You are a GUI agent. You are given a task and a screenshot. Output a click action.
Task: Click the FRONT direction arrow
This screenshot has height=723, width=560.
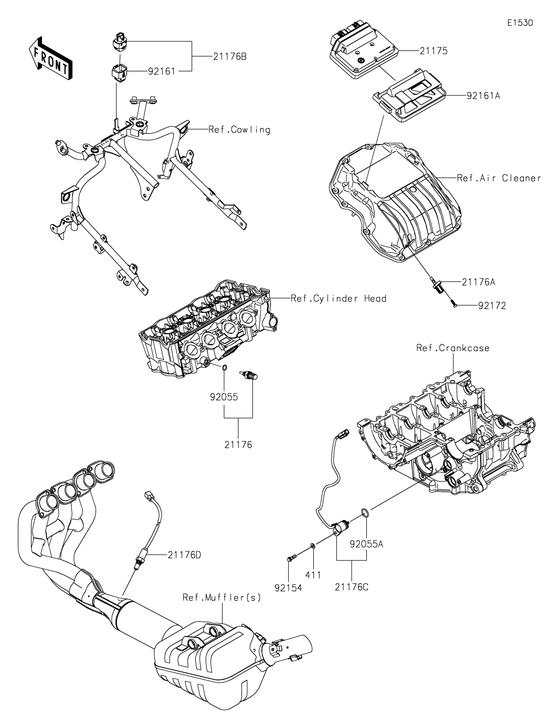point(50,59)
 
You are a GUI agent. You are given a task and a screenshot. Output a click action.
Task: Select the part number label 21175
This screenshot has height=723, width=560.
point(433,51)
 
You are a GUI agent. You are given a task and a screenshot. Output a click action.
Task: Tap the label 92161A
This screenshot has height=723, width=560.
point(483,96)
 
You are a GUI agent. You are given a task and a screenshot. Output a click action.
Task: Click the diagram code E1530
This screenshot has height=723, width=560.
point(520,23)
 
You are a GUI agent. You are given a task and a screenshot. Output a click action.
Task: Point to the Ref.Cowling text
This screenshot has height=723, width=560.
point(239,130)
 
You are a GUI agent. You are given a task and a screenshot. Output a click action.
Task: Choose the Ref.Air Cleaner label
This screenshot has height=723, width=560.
point(499,178)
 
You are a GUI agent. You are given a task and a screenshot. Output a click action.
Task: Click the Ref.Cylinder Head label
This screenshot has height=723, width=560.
point(339,299)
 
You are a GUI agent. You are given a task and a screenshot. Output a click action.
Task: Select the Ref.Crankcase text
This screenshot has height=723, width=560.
point(453,348)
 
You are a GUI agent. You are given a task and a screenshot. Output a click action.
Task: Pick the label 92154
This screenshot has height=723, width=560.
point(288,588)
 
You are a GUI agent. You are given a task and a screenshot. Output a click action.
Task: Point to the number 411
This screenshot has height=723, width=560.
point(313,575)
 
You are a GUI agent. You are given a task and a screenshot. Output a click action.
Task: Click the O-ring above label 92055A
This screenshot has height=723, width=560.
point(364,513)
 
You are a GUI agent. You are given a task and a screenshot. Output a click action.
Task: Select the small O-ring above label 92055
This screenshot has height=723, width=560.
point(225,368)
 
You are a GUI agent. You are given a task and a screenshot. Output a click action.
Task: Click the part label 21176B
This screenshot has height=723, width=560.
point(230,57)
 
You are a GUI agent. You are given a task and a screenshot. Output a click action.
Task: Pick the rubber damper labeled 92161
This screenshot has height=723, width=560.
point(119,73)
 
